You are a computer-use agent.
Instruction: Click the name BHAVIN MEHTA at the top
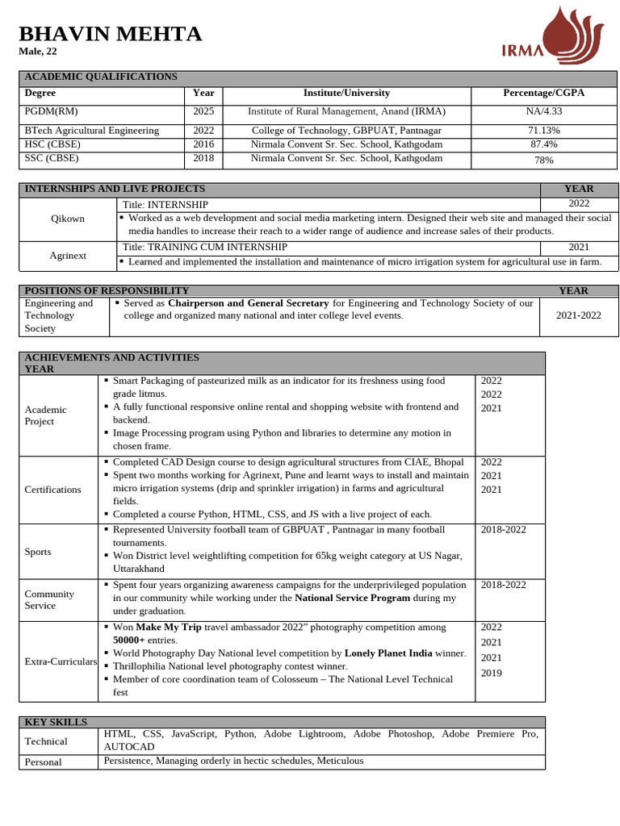(x=110, y=34)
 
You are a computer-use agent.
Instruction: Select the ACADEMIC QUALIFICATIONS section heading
(x=101, y=77)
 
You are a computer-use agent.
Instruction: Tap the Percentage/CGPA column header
(x=543, y=94)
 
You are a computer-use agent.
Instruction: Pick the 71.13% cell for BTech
(x=543, y=131)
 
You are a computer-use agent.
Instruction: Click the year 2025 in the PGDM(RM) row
(x=203, y=112)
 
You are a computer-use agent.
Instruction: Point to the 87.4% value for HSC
(x=543, y=144)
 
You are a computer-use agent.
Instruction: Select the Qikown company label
(x=68, y=219)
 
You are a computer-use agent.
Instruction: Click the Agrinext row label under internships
(x=68, y=255)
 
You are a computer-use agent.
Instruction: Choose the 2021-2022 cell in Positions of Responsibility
(x=578, y=315)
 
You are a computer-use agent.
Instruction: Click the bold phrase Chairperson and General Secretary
(x=248, y=303)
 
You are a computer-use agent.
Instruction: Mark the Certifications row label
(x=52, y=490)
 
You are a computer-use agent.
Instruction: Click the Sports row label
(x=38, y=552)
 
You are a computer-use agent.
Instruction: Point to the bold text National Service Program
(x=352, y=599)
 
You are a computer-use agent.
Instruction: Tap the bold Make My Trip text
(x=168, y=627)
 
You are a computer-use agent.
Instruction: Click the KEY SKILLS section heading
(x=56, y=722)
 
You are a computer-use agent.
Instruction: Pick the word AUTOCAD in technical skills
(x=128, y=747)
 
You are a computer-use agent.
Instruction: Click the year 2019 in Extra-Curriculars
(x=491, y=673)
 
